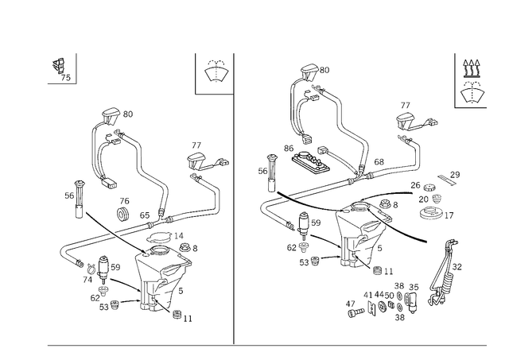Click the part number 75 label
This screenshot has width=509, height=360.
tap(65, 78)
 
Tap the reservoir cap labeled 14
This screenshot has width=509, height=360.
tap(158, 238)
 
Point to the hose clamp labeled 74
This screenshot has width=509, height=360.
tap(91, 268)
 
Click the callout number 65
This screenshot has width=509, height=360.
tap(145, 215)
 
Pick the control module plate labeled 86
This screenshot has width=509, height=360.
tap(311, 161)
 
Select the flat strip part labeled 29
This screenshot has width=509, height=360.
tap(447, 180)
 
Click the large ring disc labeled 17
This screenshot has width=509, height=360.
tap(431, 213)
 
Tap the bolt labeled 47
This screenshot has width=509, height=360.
tap(356, 313)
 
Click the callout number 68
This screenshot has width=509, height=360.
tap(379, 161)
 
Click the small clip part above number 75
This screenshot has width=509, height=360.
tap(58, 65)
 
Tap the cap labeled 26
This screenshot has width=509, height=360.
tap(429, 187)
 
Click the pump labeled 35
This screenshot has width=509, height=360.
tap(411, 302)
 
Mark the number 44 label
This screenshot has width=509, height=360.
tap(379, 295)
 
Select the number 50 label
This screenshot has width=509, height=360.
tap(389, 296)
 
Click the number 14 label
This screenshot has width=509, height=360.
tap(178, 236)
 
